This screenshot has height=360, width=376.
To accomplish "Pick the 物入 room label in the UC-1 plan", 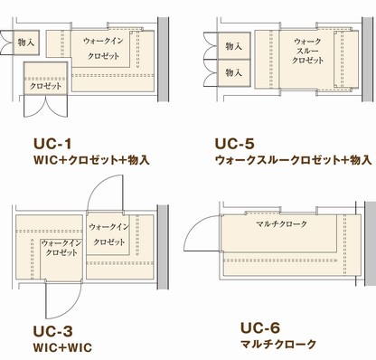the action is pyautogui.click(x=25, y=42).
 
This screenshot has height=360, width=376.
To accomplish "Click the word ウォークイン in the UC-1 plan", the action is pyautogui.click(x=102, y=42).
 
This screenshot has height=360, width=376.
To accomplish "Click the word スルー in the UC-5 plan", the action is pyautogui.click(x=304, y=53).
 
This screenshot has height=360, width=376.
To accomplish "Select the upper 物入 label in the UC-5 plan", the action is pyautogui.click(x=234, y=45).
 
